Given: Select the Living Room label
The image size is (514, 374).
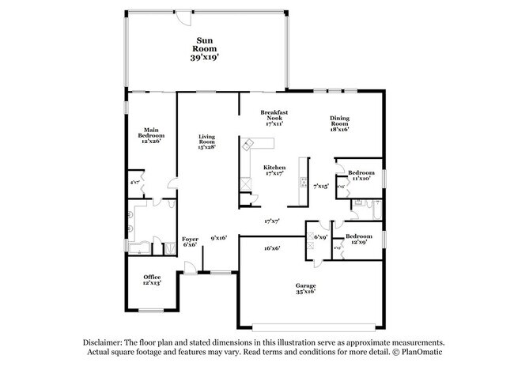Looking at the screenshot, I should tap(207, 140).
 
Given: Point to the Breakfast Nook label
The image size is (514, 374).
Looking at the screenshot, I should tap(274, 115).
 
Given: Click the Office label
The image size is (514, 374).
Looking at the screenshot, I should tap(152, 277).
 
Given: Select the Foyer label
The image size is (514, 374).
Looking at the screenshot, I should tap(191, 239).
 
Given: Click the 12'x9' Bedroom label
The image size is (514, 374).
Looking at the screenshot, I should tap(359, 236).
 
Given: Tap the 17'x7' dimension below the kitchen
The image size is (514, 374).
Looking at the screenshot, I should tap(273, 221).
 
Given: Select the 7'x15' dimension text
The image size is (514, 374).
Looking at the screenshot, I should tap(320, 186).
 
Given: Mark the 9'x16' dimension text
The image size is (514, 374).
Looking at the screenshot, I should tap(219, 237).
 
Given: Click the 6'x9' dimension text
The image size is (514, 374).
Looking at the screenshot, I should tap(320, 236).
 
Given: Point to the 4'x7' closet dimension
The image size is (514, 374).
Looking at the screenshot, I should tap(134, 182).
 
